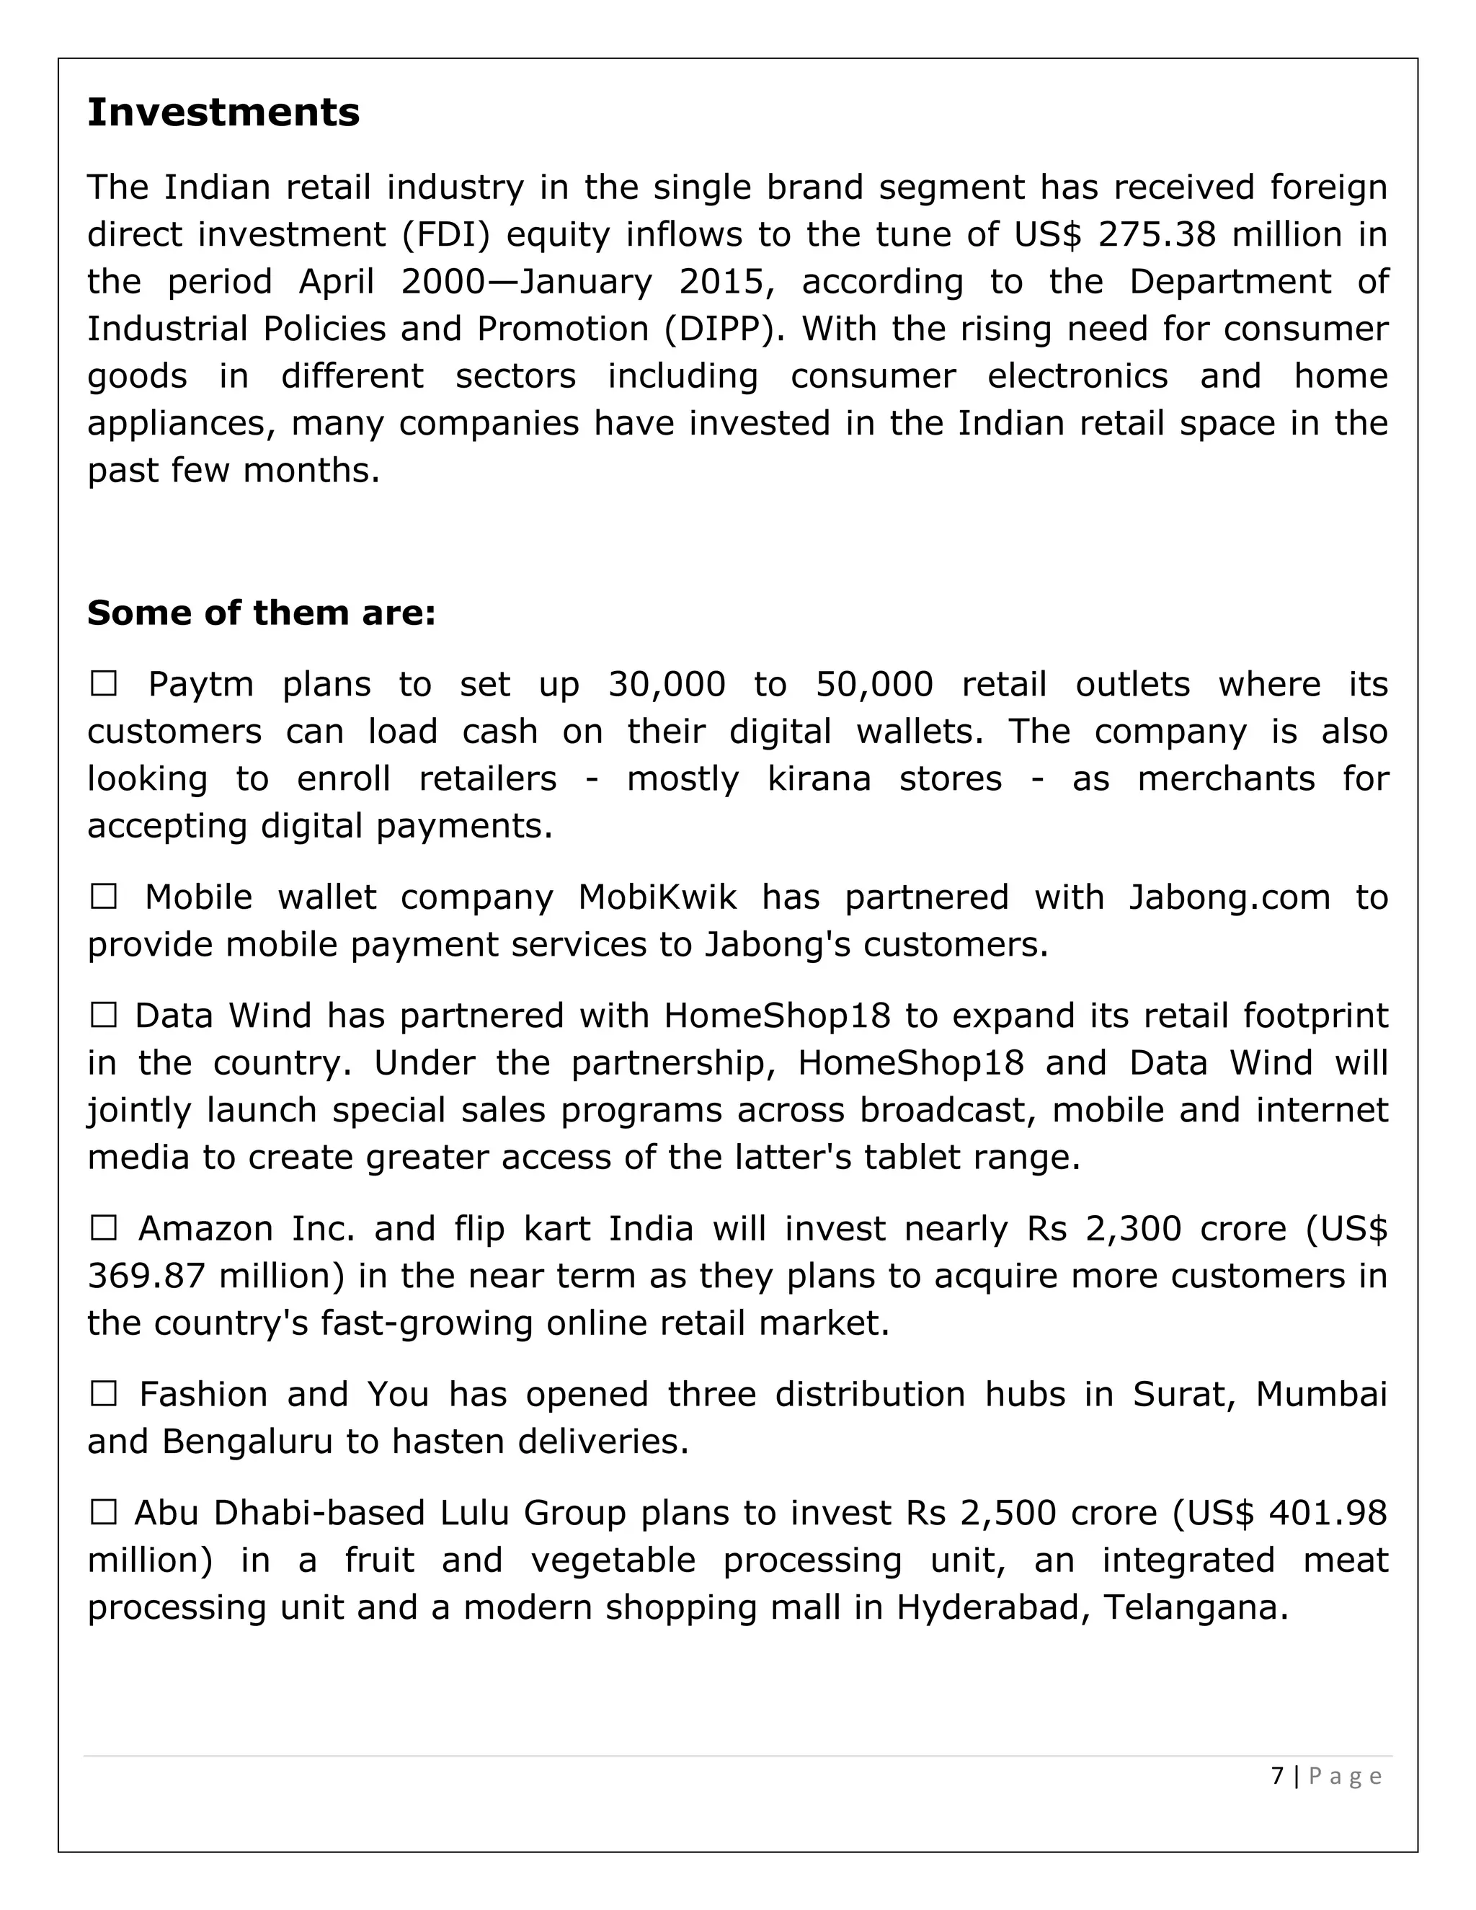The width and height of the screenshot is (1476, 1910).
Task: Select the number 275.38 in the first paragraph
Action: [x=1156, y=234]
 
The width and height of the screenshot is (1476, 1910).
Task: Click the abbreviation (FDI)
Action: [x=447, y=234]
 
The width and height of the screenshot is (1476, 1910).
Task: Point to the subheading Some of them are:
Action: [x=261, y=613]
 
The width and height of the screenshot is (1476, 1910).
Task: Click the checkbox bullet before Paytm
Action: [x=103, y=684]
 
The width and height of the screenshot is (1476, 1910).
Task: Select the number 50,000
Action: [x=873, y=684]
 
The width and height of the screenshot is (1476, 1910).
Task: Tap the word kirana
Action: [x=819, y=778]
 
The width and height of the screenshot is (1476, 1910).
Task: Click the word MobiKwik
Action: [x=657, y=897]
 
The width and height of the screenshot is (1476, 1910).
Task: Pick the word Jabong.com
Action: [x=1229, y=897]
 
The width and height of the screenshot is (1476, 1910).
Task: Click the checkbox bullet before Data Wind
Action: [x=103, y=1016]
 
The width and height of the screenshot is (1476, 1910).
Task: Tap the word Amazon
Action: [x=206, y=1229]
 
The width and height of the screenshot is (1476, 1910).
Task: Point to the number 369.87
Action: [x=147, y=1276]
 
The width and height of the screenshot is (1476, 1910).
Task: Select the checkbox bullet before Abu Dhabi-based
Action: [x=103, y=1512]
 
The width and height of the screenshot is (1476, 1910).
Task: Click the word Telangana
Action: [x=1196, y=1607]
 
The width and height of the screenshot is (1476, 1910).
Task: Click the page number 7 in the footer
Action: [x=1278, y=1776]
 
